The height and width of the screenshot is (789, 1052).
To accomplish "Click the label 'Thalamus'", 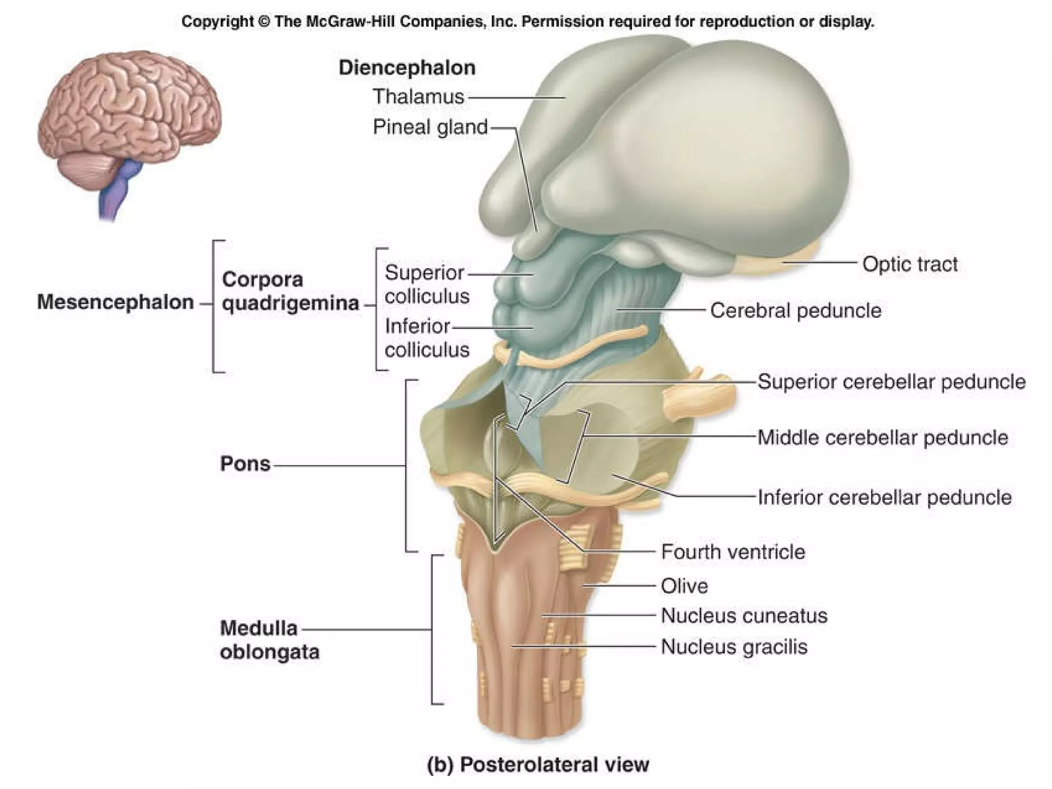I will coord(418,97).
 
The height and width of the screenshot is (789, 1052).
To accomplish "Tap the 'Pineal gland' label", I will coord(430,127).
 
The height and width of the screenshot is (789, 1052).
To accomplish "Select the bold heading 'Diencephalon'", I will coord(407,68).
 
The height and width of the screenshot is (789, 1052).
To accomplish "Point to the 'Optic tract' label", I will coord(910,264).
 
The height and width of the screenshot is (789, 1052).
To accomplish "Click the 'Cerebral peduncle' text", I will coord(796,310).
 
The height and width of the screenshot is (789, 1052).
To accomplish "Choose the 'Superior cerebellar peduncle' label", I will coord(891,382).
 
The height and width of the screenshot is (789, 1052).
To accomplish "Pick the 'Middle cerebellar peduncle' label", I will coord(882,438).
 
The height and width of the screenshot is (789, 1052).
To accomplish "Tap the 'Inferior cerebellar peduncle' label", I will coord(885,497).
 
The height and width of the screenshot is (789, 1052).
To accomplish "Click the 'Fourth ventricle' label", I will coord(733,552).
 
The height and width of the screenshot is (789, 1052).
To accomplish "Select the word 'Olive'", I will coord(684,586).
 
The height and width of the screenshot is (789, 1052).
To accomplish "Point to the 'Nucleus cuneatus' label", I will coord(744,615).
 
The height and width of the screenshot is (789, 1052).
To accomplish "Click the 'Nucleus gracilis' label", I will coord(734,647).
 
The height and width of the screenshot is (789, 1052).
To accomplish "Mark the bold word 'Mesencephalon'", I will coord(116,302).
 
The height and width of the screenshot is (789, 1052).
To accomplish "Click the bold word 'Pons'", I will coord(245,464).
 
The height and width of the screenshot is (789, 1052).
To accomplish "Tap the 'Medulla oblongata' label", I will coord(269,640).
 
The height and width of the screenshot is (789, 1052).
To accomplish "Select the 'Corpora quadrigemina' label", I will coord(290,291).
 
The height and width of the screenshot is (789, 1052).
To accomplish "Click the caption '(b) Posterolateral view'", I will coord(538,764).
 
